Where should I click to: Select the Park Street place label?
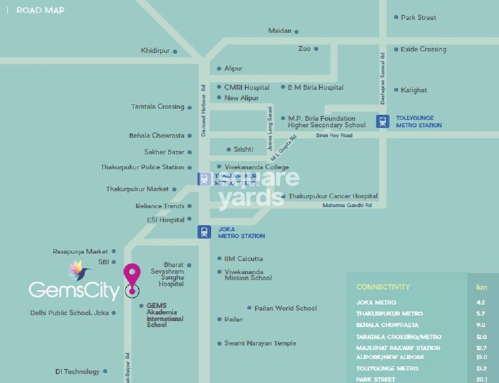(418, 18)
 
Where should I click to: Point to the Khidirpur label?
(156, 50)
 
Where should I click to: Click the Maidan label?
(280, 31)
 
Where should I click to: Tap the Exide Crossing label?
(423, 50)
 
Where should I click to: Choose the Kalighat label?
(414, 90)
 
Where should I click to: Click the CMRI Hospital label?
(247, 87)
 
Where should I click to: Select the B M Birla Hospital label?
(315, 87)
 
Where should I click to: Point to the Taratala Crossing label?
(157, 106)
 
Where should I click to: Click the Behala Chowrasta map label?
(157, 136)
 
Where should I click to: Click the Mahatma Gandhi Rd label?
(347, 206)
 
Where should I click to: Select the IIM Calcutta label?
(243, 259)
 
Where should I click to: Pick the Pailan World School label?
(286, 308)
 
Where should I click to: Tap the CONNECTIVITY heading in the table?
(383, 287)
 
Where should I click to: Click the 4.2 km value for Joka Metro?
(480, 302)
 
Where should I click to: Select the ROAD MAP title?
(40, 11)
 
